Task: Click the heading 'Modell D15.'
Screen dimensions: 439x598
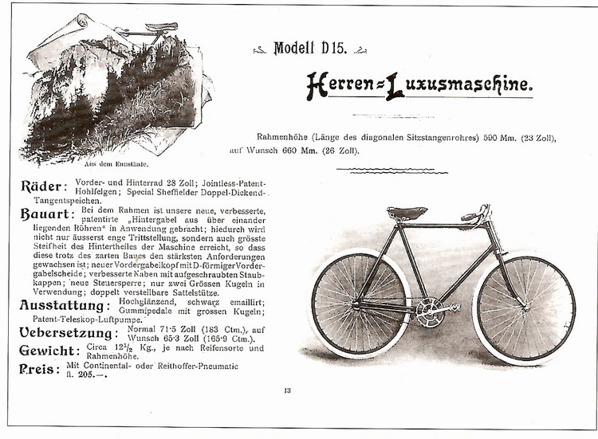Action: point(309,49)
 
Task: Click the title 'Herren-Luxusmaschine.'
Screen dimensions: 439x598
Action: point(419,84)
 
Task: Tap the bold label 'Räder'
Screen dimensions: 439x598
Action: point(42,187)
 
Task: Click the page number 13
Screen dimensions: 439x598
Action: point(287,390)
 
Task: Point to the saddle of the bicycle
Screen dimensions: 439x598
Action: point(407,213)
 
